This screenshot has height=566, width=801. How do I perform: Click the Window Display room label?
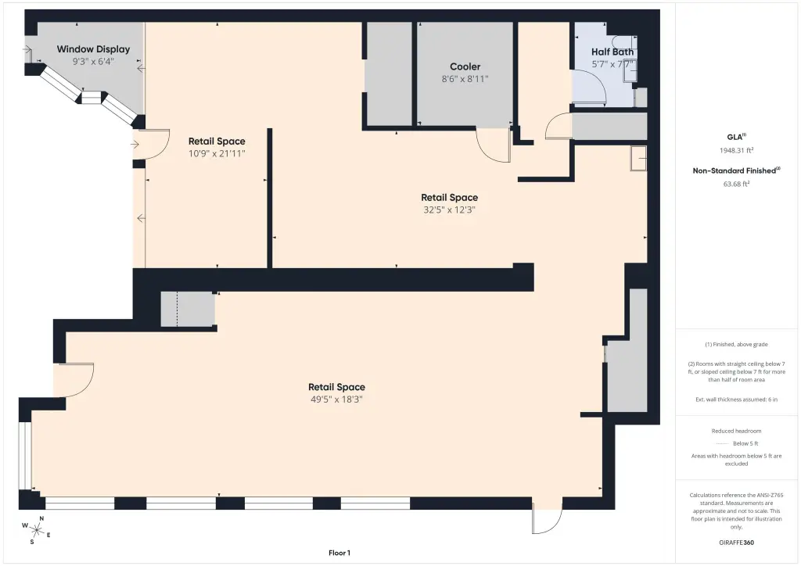(x=93, y=49)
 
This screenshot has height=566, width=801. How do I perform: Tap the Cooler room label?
(x=465, y=66)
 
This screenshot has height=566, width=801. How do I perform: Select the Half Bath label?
(x=612, y=52)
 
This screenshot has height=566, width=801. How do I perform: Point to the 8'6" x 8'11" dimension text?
(x=465, y=79)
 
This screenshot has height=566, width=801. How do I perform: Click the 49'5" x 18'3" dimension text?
(x=336, y=399)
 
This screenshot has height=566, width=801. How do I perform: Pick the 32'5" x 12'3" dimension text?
(x=450, y=210)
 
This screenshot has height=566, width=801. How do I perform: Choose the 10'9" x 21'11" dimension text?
(x=217, y=153)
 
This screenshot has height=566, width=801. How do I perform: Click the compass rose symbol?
(x=36, y=530)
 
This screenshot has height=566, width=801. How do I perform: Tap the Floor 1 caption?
(x=339, y=553)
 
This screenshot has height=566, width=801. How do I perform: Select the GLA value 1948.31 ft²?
(x=736, y=150)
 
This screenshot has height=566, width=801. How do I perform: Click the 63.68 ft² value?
(x=736, y=184)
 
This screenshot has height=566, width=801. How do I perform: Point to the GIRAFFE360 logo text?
(x=736, y=543)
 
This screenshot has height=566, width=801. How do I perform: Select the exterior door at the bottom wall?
(x=547, y=521)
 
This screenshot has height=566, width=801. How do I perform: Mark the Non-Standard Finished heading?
(x=736, y=170)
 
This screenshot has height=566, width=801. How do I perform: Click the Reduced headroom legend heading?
(x=736, y=431)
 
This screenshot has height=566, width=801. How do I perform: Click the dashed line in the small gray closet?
(x=178, y=309)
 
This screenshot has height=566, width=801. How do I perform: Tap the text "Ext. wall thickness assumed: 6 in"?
(x=736, y=399)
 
